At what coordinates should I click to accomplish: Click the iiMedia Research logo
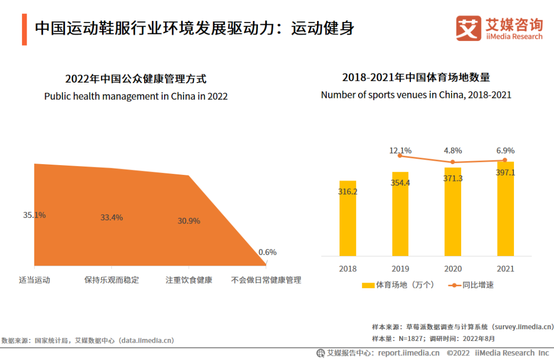tap(499, 28)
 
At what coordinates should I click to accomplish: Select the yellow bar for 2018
tap(347, 218)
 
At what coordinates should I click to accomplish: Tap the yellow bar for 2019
tap(400, 214)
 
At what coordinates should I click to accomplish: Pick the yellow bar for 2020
tap(452, 211)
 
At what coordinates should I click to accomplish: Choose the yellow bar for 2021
tap(505, 209)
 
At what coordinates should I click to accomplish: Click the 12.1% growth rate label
tap(400, 151)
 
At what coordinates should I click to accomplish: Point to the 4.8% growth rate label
tap(452, 151)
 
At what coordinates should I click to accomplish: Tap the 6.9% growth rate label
tap(505, 151)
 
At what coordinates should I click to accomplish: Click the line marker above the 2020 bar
tap(452, 162)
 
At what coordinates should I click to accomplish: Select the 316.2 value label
tap(347, 192)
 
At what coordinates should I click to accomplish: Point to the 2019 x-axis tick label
tap(400, 269)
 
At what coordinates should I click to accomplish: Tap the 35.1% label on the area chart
tap(34, 215)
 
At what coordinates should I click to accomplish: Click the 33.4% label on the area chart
tap(111, 217)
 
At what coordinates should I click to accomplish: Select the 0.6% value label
tap(267, 252)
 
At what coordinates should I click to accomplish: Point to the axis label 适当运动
tap(34, 281)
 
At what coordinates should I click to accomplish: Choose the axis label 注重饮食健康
tap(189, 281)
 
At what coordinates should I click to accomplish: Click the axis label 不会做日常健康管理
tap(266, 281)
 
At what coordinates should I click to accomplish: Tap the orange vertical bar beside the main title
tap(24, 30)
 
